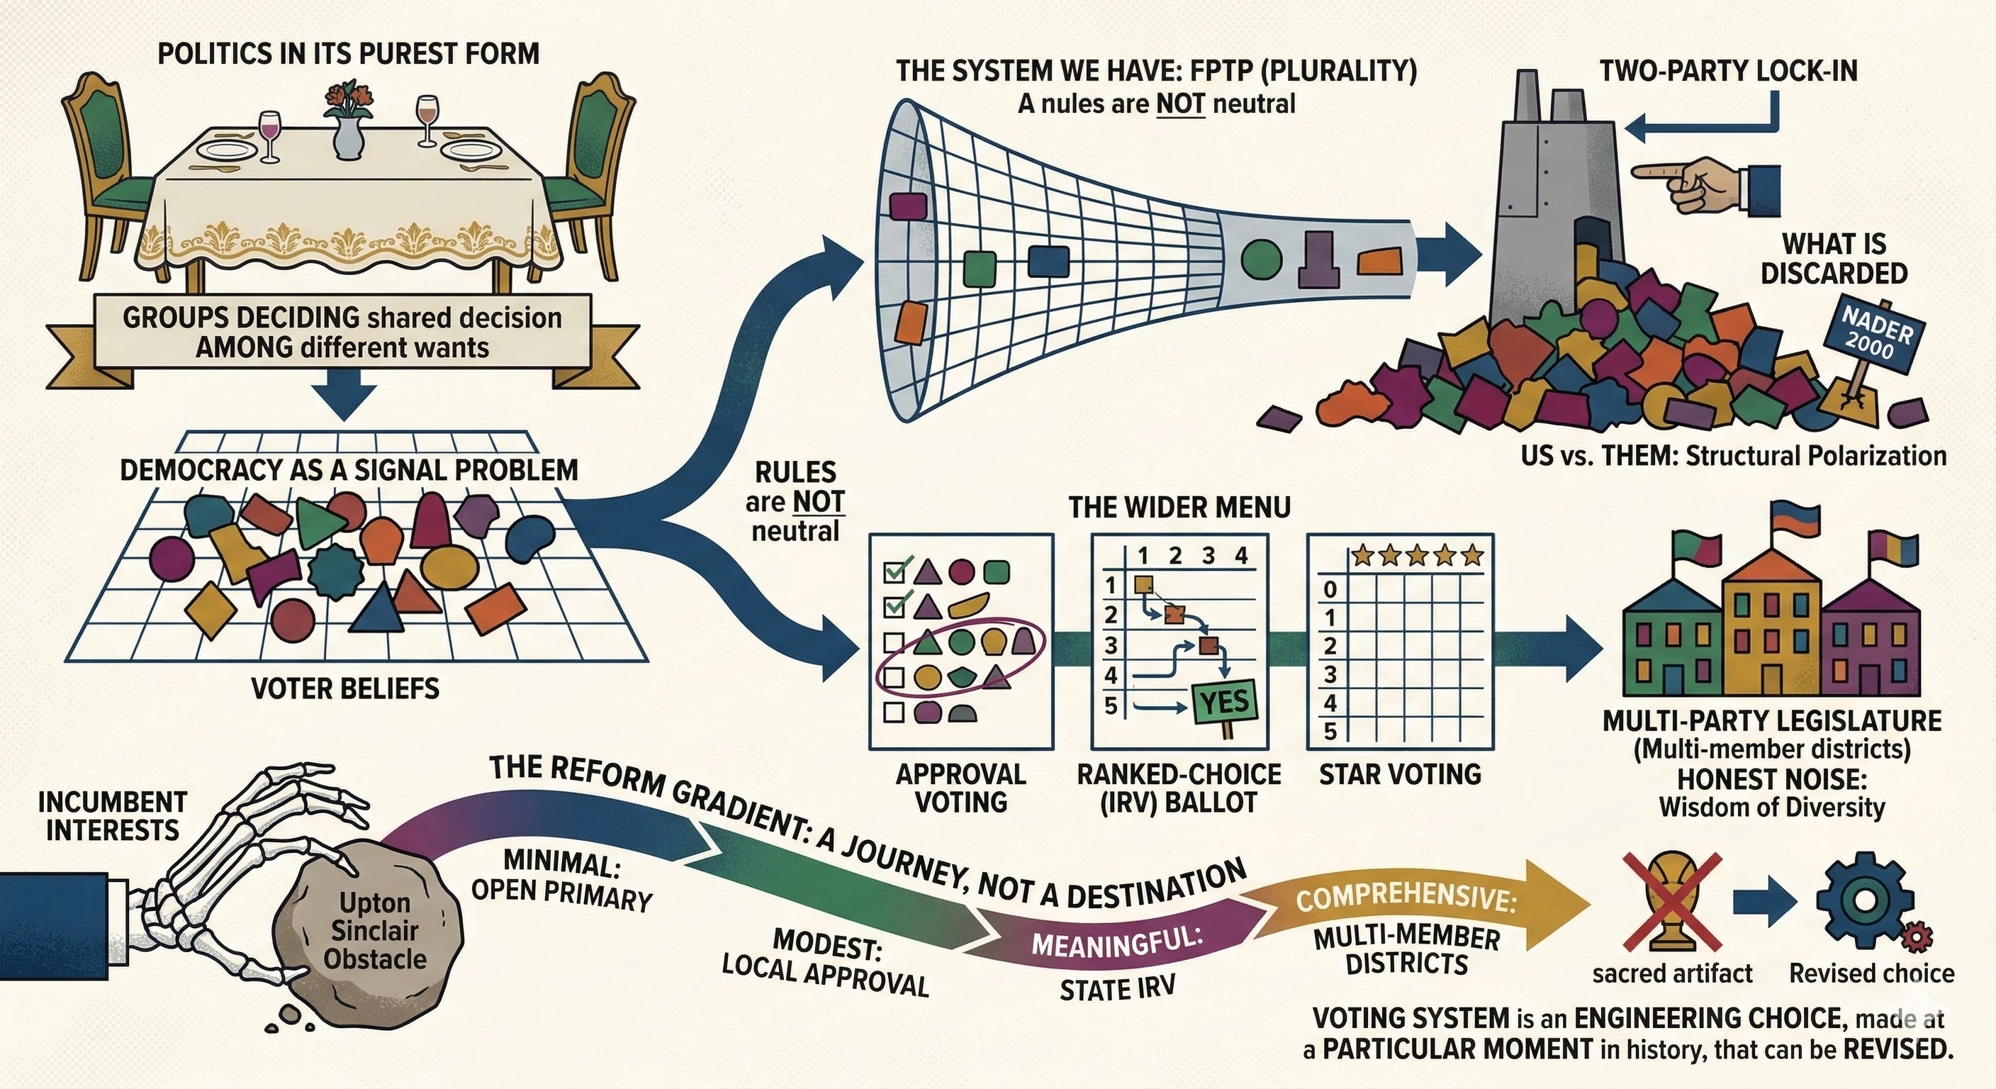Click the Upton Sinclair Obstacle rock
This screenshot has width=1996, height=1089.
click(374, 929)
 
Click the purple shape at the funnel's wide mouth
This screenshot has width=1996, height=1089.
click(908, 206)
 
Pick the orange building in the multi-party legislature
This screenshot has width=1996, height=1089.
click(1772, 628)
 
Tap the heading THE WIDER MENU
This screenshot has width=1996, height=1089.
click(1179, 508)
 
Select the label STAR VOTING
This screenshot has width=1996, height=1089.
click(1399, 774)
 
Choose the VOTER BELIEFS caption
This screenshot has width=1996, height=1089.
click(346, 688)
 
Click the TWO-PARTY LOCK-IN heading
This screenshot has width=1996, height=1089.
click(1729, 72)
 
